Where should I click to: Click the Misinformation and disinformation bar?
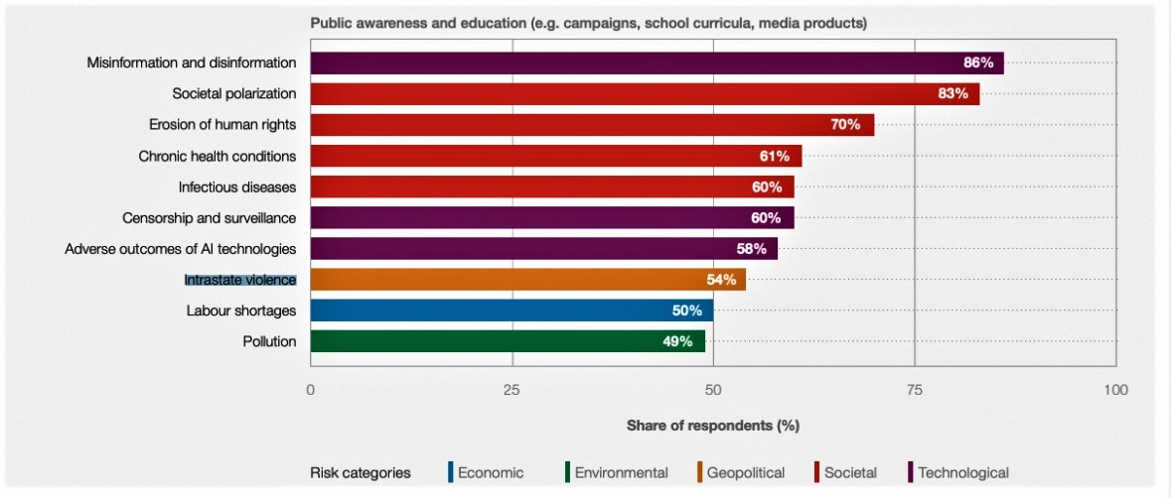pyautogui.click(x=656, y=63)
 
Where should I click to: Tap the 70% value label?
pyautogui.click(x=845, y=125)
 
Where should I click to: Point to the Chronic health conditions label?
pyautogui.click(x=217, y=156)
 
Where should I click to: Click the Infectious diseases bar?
pyautogui.click(x=551, y=187)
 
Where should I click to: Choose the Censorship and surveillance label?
pyautogui.click(x=209, y=217)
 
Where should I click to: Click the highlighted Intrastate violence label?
pyautogui.click(x=239, y=280)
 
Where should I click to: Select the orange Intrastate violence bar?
pyautogui.click(x=527, y=280)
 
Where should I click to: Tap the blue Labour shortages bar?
pyautogui.click(x=511, y=311)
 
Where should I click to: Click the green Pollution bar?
pyautogui.click(x=507, y=341)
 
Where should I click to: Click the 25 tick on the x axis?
pyautogui.click(x=512, y=390)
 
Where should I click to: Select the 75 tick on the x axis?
pyautogui.click(x=914, y=390)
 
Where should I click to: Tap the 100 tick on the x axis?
pyautogui.click(x=1115, y=390)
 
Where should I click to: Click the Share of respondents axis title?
pyautogui.click(x=712, y=426)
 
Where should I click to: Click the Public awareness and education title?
pyautogui.click(x=588, y=23)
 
